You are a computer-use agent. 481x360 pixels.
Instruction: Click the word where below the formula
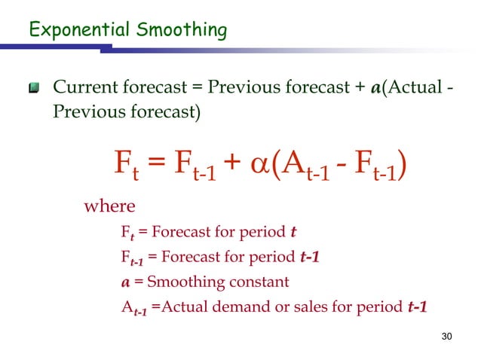coord(109,206)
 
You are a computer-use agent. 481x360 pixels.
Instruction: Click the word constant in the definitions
coord(261,282)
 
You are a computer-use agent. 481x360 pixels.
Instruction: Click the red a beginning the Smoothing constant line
coord(125,282)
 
